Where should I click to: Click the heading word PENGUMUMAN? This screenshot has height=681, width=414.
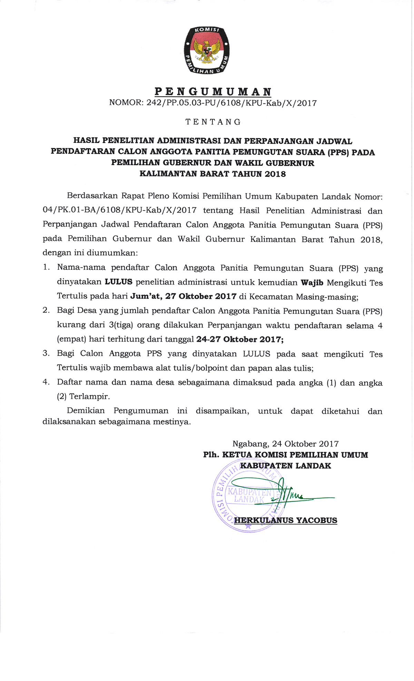(x=213, y=92)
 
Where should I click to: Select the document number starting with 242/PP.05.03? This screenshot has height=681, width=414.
(x=213, y=103)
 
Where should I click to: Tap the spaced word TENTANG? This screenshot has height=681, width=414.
(x=213, y=122)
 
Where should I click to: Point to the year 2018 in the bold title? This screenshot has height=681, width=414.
(x=275, y=174)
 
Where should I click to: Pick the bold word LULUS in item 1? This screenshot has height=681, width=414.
(x=119, y=282)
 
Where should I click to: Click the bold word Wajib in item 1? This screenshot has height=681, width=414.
(x=312, y=283)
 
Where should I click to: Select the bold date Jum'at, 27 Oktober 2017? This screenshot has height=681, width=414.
(x=183, y=296)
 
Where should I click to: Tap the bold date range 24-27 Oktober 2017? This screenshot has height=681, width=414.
(x=240, y=339)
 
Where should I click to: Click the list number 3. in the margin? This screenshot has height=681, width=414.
(x=46, y=353)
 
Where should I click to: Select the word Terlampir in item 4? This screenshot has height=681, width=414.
(x=89, y=396)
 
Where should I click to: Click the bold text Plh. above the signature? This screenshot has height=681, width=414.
(x=211, y=455)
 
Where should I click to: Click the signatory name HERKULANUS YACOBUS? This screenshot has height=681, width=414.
(x=286, y=520)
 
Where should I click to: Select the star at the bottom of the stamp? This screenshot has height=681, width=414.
(x=248, y=526)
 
